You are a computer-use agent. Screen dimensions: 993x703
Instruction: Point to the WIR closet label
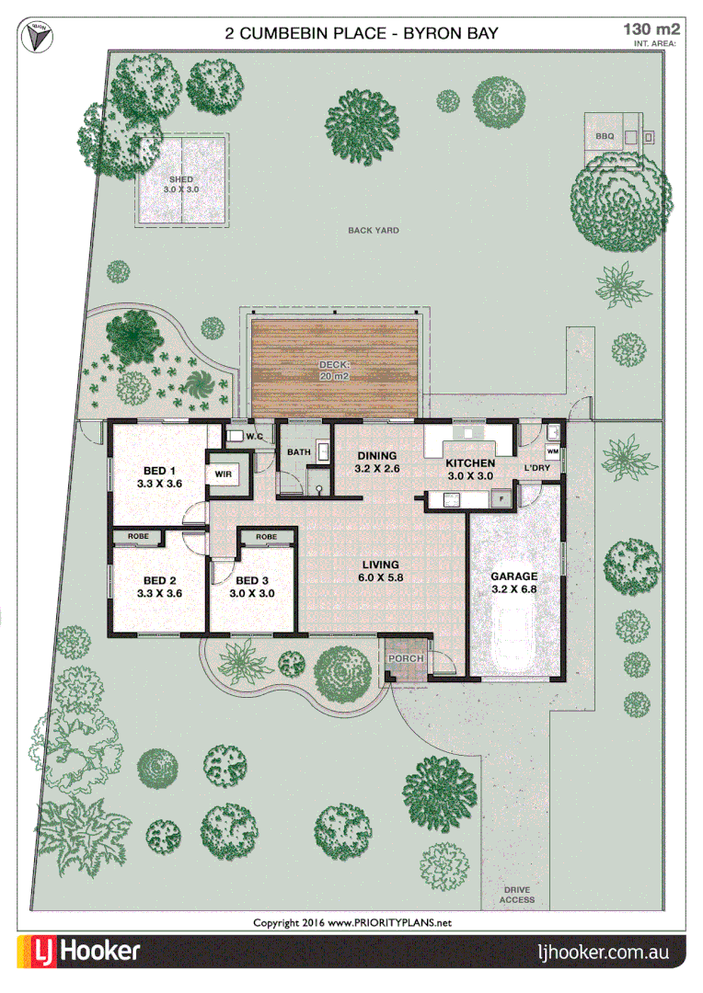[223, 474]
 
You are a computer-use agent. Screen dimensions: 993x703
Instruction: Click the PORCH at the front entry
[404, 659]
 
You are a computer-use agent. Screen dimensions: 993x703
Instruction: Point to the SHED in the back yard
[181, 182]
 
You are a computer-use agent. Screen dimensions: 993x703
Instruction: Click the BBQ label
[604, 136]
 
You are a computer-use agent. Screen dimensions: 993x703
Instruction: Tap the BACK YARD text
[373, 231]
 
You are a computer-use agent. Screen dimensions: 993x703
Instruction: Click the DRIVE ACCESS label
[516, 895]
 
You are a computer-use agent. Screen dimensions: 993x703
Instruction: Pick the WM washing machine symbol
[552, 452]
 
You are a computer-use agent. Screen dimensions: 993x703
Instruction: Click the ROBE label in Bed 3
[266, 536]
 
